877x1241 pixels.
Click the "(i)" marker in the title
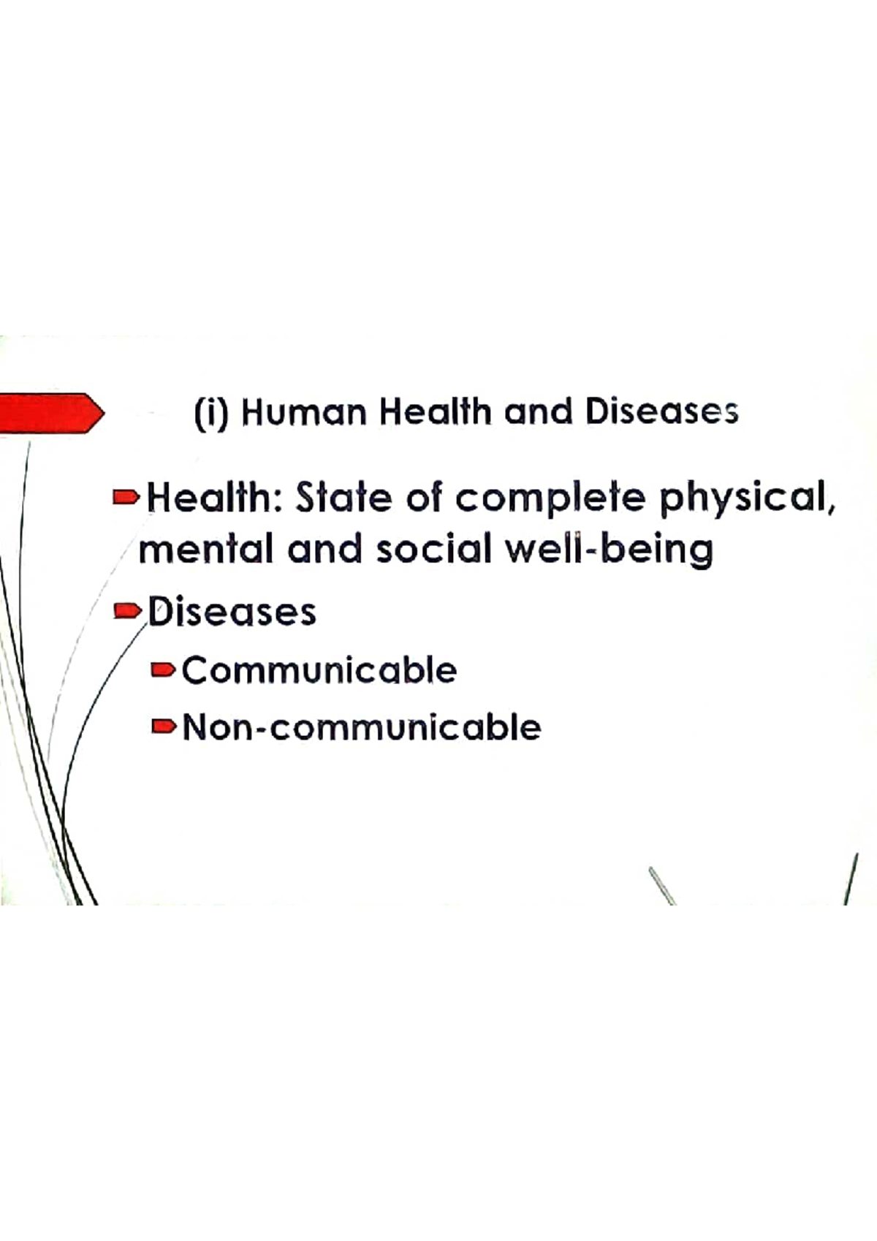(212, 413)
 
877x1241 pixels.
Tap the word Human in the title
(303, 413)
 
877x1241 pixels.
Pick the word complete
(551, 500)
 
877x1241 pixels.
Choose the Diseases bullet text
(232, 612)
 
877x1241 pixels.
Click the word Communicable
(319, 670)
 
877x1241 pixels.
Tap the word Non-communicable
(362, 727)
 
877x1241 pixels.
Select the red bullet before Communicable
(164, 669)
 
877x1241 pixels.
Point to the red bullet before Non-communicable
(164, 726)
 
